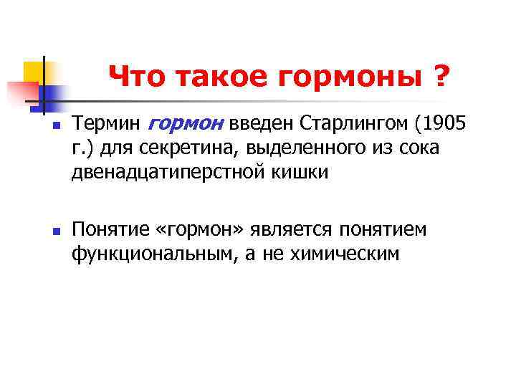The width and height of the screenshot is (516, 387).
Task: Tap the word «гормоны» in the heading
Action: coord(349,75)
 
